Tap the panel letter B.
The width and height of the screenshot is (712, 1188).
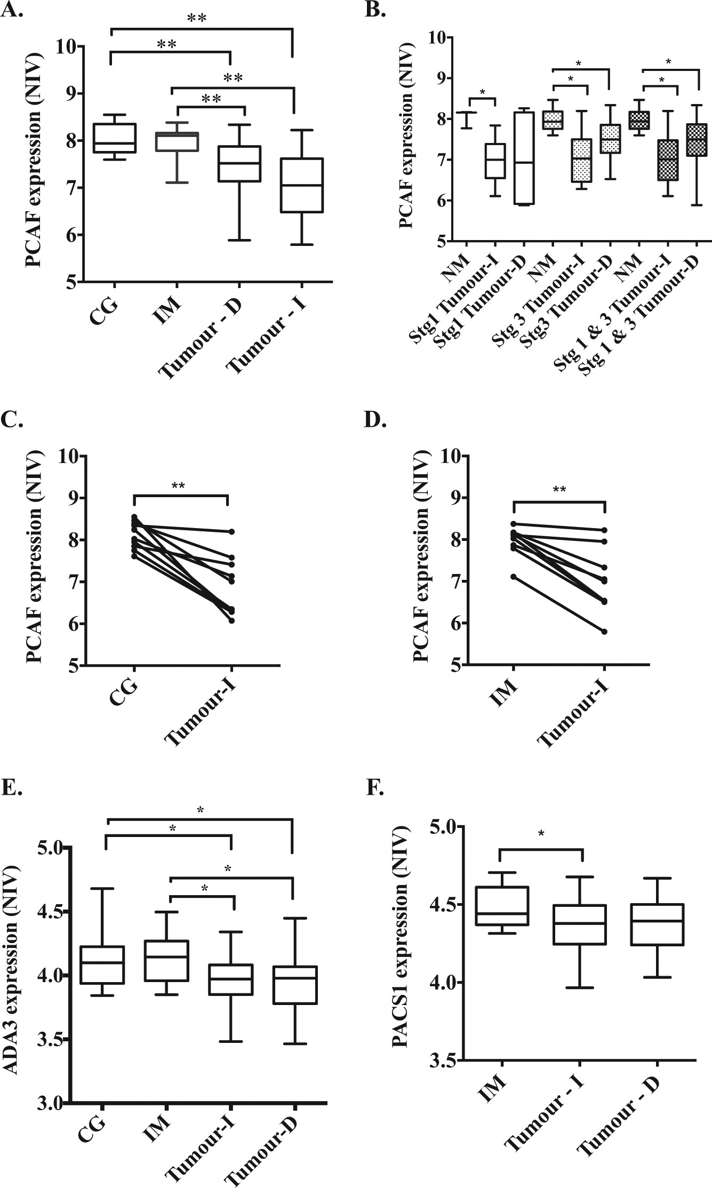point(377,9)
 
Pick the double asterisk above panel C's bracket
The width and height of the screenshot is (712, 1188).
point(179,486)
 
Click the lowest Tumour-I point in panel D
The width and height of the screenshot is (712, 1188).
point(604,632)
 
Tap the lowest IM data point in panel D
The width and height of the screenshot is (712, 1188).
point(513,577)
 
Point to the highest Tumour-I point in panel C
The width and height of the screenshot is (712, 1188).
point(231,532)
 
